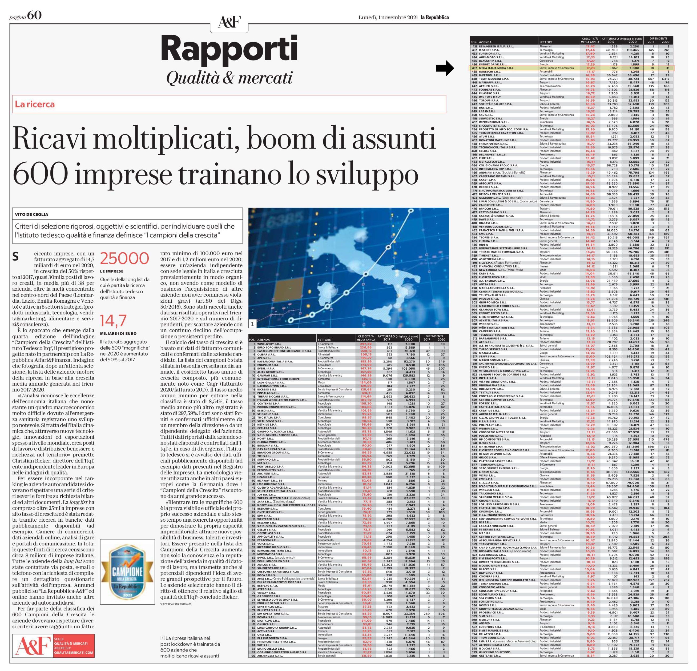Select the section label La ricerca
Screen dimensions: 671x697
click(35, 104)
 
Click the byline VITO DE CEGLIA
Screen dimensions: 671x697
click(32, 214)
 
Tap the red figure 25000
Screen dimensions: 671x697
click(124, 258)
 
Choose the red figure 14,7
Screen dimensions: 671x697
click(113, 321)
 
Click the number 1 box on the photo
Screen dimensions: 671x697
click(252, 324)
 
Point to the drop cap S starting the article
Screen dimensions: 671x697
click(15, 257)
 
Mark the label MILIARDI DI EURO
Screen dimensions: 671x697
click(118, 334)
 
